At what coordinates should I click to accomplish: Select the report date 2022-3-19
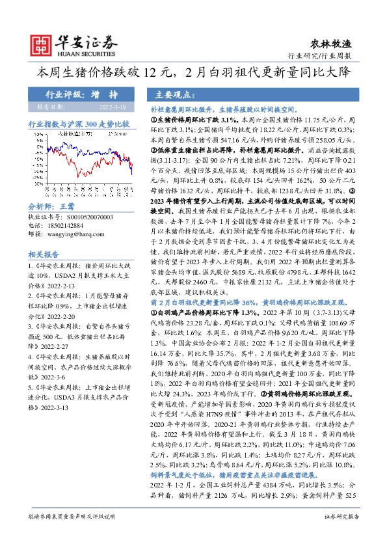click(111, 107)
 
